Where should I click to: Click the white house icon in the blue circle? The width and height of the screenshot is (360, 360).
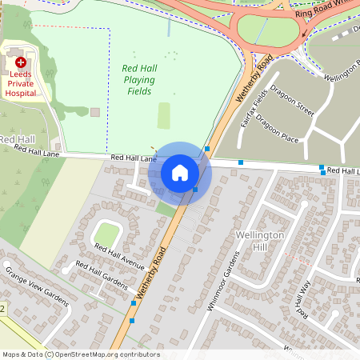click(x=180, y=172)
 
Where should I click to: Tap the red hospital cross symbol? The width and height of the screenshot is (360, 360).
click(x=21, y=62)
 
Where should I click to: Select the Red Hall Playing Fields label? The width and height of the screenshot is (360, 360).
click(x=138, y=80)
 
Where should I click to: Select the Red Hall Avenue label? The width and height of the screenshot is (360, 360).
click(x=118, y=255)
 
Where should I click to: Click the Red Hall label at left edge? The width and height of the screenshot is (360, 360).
click(x=16, y=139)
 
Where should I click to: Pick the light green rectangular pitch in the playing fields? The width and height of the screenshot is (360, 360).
click(x=164, y=115)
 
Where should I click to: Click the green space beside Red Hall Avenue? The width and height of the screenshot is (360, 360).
click(x=106, y=234)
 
